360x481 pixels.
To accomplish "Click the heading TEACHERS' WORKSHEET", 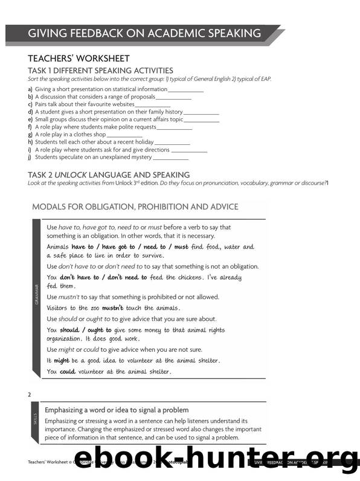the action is tap(79, 59).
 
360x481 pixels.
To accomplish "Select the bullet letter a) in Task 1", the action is tap(30, 89).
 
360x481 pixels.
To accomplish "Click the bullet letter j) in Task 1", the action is tap(30, 157).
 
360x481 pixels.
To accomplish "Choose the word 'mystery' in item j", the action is tap(137, 157).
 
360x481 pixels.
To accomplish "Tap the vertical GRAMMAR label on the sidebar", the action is tap(37, 295).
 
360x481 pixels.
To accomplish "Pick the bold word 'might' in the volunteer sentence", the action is tap(62, 360).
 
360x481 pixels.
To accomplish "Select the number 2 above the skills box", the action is tap(30, 395).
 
